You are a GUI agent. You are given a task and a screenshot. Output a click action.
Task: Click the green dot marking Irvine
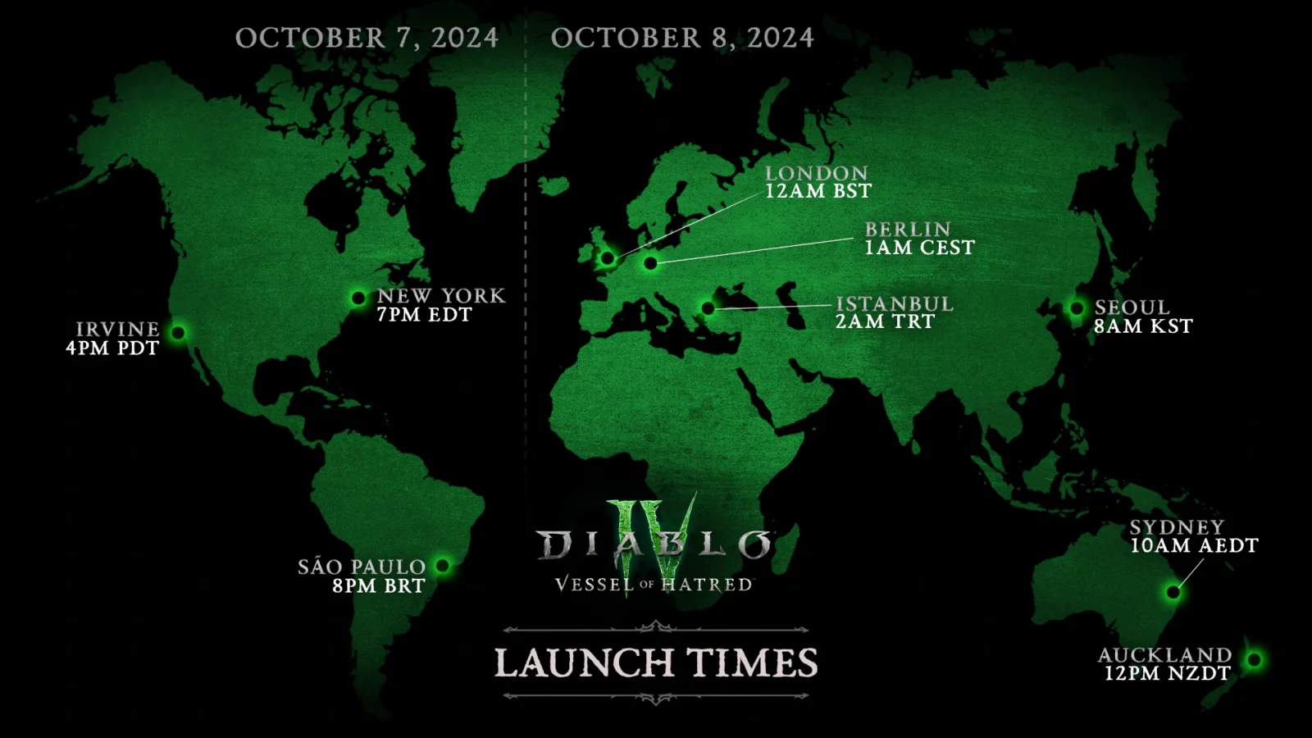click(178, 333)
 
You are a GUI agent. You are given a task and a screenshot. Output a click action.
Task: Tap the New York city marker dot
click(358, 298)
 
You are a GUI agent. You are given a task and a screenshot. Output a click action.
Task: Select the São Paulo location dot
click(443, 565)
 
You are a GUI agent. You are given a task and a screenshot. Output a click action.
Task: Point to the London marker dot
click(608, 258)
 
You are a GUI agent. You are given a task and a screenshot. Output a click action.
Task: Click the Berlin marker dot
click(650, 263)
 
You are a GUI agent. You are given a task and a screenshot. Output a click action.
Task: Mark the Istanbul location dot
click(708, 308)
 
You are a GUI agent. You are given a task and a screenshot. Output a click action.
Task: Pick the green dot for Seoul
click(1077, 308)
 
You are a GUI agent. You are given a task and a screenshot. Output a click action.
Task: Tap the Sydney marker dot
click(1173, 592)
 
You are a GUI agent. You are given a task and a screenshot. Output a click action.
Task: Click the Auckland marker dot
click(1254, 659)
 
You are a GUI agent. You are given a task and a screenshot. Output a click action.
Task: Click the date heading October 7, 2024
click(367, 38)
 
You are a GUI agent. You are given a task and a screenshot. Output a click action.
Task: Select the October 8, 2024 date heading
click(682, 38)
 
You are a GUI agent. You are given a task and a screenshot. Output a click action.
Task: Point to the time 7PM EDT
click(424, 315)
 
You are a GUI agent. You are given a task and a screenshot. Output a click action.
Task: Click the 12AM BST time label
click(818, 191)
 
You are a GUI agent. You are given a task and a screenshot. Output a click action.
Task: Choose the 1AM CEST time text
click(919, 248)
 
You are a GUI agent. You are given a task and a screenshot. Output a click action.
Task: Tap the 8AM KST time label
click(1143, 326)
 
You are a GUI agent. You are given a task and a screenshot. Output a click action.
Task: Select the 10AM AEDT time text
click(1194, 545)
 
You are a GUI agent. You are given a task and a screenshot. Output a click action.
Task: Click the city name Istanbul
click(895, 303)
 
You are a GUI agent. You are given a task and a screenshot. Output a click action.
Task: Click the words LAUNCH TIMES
click(656, 663)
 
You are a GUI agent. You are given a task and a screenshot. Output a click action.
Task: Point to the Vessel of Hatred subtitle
click(654, 585)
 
